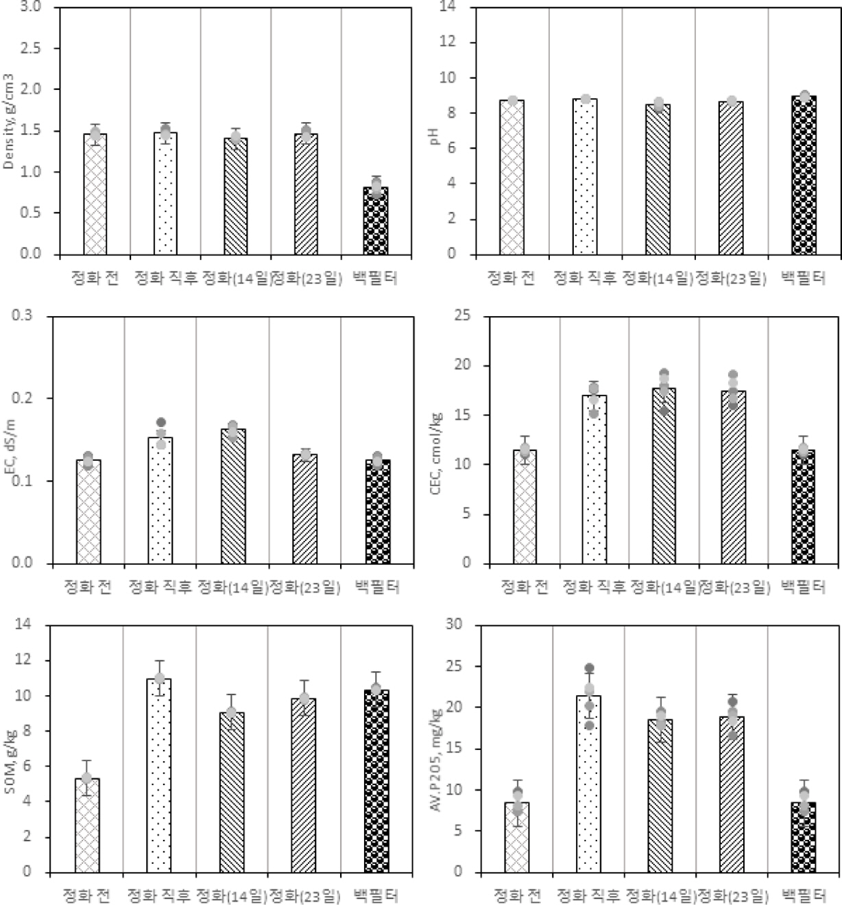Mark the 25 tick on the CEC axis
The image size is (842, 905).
[463, 316]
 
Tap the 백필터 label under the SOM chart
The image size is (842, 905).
[376, 895]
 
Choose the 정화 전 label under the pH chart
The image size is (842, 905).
[510, 278]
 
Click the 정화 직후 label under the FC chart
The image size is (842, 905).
[160, 587]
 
